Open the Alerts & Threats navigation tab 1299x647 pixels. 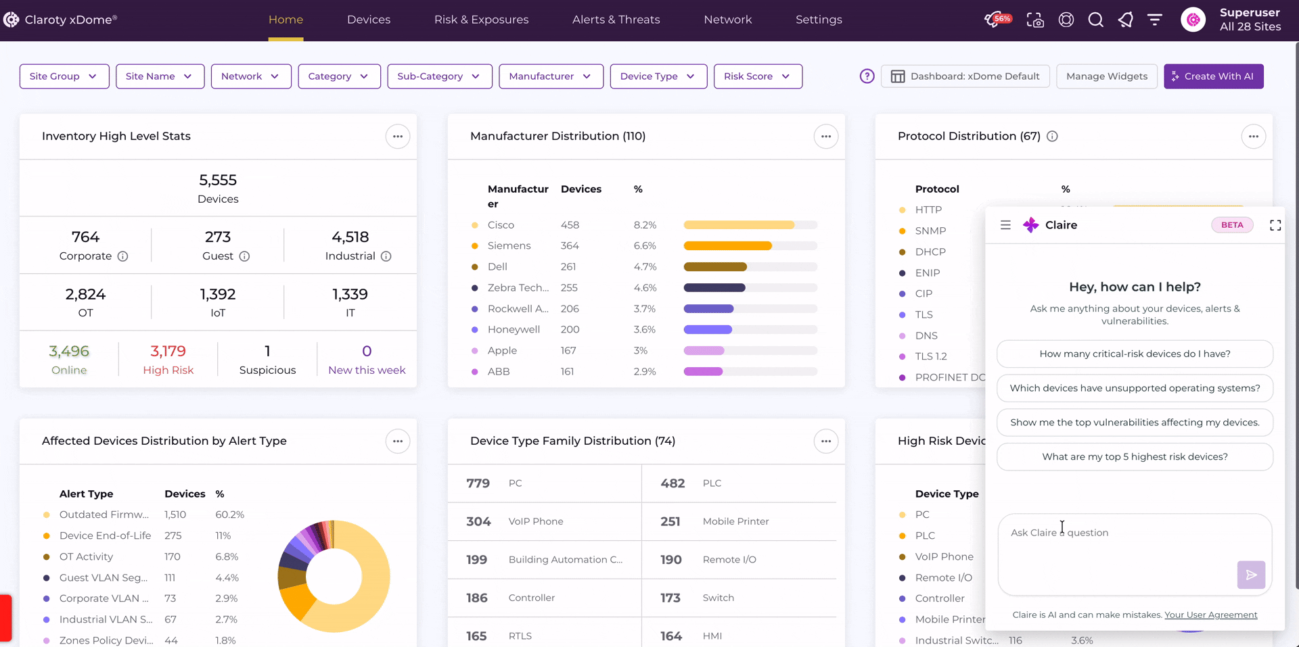[616, 20]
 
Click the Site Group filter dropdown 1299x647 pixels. [64, 76]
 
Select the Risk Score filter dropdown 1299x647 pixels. [758, 76]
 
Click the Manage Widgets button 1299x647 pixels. [1107, 76]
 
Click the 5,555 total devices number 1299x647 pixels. [218, 180]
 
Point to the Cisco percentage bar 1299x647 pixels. [750, 225]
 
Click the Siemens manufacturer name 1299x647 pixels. [509, 245]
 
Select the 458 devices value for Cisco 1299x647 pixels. [570, 225]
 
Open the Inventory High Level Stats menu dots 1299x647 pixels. [398, 137]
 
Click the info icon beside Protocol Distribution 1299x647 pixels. [1052, 137]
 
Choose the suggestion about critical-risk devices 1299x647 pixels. [1135, 354]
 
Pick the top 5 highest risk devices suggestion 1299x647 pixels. [1135, 456]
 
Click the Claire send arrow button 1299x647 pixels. [1251, 575]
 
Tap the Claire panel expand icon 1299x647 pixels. [1275, 225]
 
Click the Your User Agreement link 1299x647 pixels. [1211, 615]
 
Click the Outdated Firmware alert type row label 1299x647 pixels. [104, 514]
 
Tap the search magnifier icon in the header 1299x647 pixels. [1095, 20]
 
